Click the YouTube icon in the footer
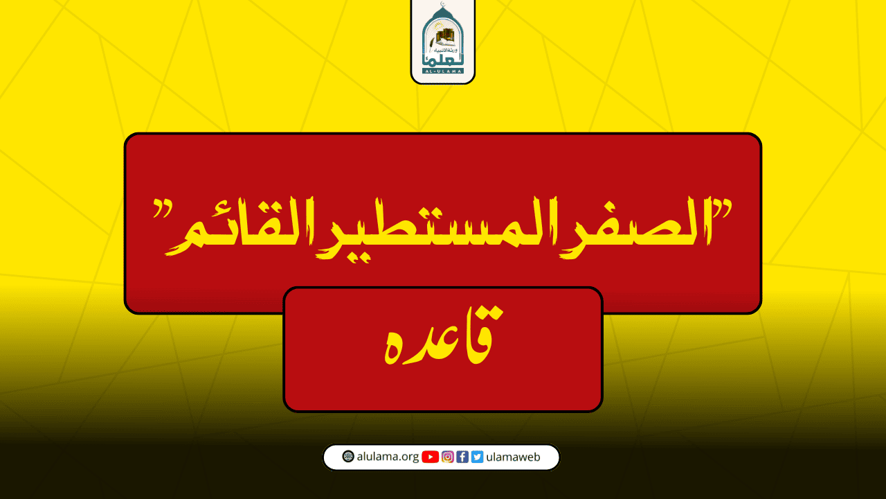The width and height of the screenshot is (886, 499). [430, 457]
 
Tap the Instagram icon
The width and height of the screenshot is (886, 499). [448, 457]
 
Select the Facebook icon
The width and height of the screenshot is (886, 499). [462, 457]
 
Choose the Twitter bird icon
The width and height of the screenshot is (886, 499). [477, 457]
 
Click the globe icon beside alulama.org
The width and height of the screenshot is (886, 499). [348, 457]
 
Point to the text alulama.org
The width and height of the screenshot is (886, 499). [388, 457]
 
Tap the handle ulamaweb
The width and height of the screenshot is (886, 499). [513, 457]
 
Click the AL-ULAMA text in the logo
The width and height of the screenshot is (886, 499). [443, 70]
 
